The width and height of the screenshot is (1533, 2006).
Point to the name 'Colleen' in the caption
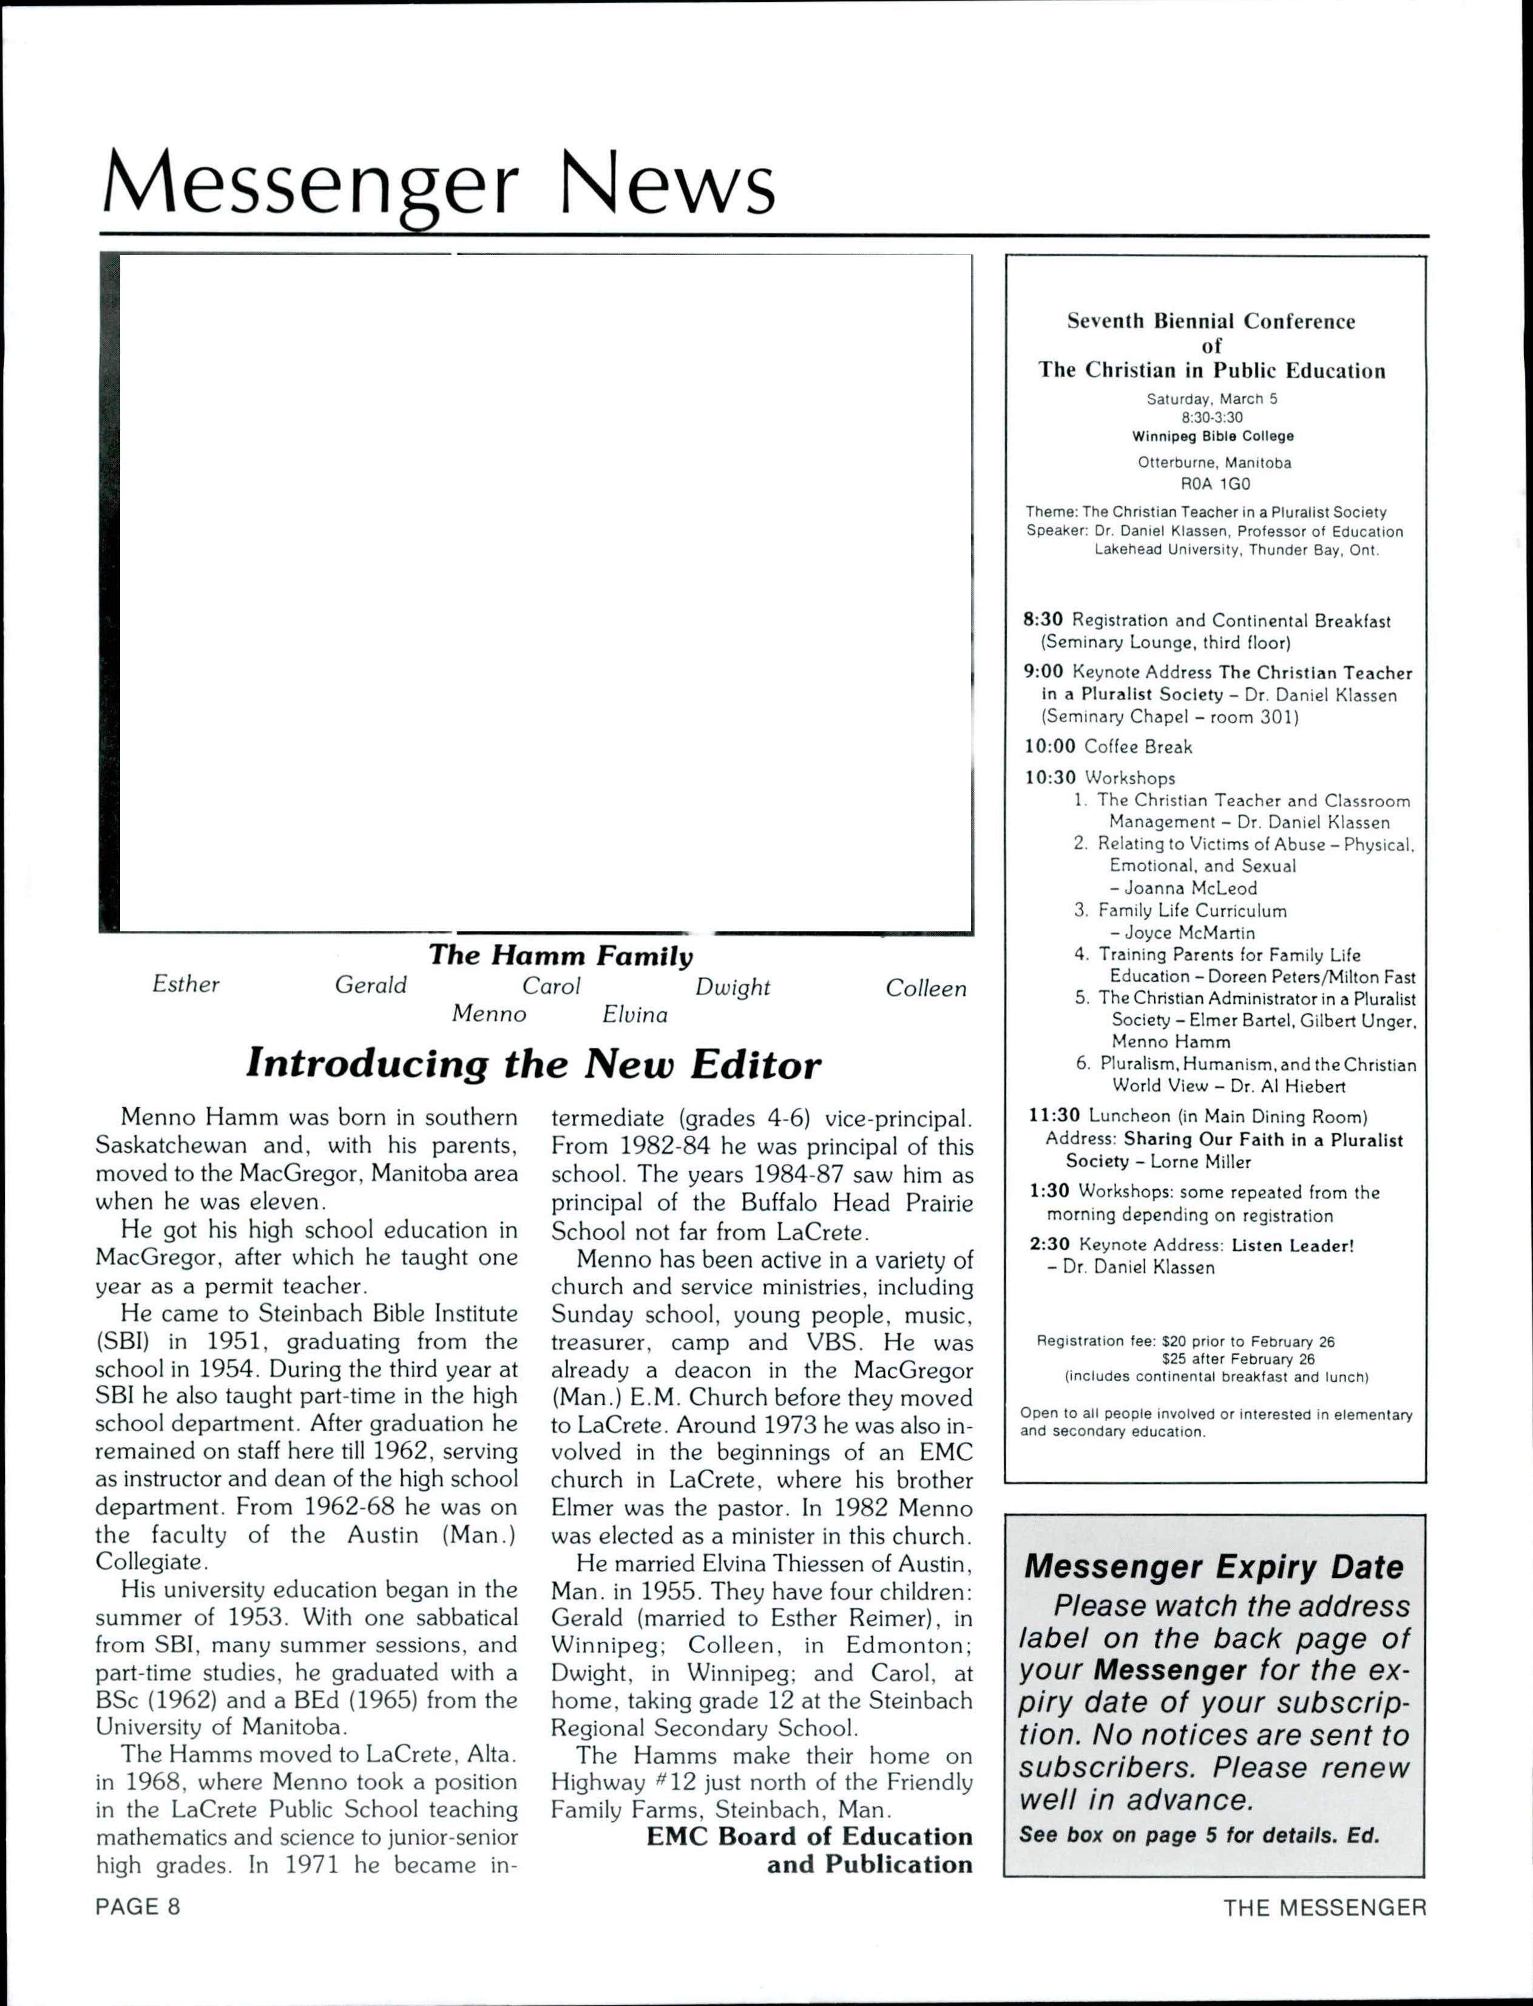(926, 988)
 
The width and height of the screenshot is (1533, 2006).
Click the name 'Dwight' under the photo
(733, 987)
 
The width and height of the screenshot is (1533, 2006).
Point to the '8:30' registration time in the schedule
(1044, 620)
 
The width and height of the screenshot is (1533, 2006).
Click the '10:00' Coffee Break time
(1049, 747)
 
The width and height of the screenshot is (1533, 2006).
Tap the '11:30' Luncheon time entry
(1054, 1116)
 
